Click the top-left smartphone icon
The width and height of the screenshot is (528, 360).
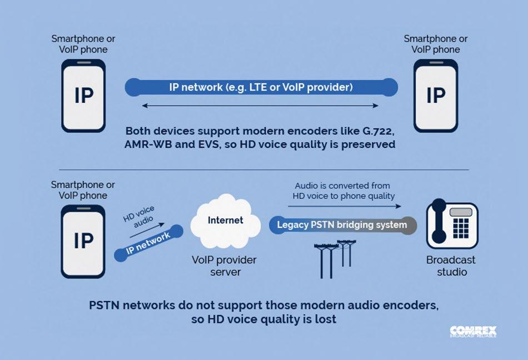(x=84, y=95)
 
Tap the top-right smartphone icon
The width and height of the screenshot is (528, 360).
(x=436, y=95)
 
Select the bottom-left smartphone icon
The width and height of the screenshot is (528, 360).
(x=84, y=240)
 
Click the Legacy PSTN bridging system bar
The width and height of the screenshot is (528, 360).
(x=342, y=226)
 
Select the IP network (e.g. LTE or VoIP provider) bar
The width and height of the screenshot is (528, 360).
(x=261, y=87)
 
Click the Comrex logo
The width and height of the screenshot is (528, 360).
(x=472, y=332)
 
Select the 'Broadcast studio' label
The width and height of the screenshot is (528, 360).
(x=451, y=266)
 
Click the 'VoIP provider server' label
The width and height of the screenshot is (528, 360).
(x=224, y=266)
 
